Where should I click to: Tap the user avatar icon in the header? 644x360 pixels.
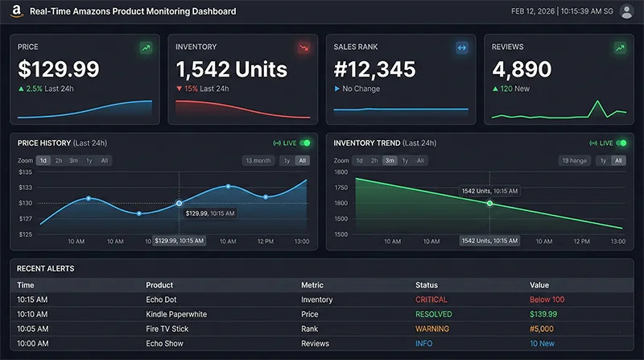(x=626, y=12)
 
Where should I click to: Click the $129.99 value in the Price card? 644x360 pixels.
(x=59, y=69)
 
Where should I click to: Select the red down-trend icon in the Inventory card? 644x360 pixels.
(x=303, y=48)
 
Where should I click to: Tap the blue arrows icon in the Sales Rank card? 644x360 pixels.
(x=461, y=48)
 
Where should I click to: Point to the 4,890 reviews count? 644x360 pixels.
(x=522, y=69)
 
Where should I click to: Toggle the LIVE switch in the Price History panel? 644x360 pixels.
(x=304, y=143)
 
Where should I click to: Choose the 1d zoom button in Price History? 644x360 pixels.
(x=43, y=160)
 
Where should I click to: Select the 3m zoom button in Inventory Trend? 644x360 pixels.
(x=390, y=160)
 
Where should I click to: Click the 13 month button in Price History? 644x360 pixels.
(x=258, y=160)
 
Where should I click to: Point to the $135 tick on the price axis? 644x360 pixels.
(x=25, y=172)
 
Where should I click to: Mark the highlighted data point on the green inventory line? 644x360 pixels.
(x=489, y=203)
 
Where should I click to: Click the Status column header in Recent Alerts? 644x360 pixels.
(x=426, y=285)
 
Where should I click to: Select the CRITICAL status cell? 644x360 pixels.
(x=431, y=300)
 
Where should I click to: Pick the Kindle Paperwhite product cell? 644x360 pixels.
(x=177, y=314)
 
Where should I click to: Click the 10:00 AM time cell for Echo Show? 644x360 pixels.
(x=32, y=344)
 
